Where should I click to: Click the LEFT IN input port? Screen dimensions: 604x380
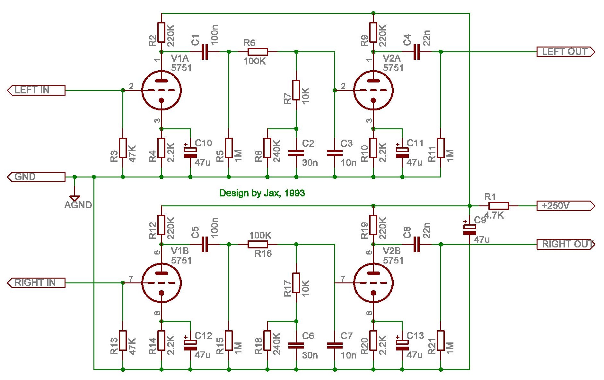tap(36, 90)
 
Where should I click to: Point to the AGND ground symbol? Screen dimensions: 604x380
tap(75, 198)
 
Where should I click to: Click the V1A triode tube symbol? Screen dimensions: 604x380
tap(162, 90)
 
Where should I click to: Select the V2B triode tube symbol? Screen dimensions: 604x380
tap(373, 283)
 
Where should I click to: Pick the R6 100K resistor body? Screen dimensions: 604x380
tap(258, 52)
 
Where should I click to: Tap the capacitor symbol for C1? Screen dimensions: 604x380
tap(205, 52)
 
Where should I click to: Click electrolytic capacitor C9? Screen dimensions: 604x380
tap(470, 229)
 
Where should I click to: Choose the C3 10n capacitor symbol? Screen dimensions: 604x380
tap(335, 153)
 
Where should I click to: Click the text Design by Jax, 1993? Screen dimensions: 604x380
tap(262, 193)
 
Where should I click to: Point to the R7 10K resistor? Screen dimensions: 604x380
tap(296, 90)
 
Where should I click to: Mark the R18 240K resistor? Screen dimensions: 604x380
tap(267, 341)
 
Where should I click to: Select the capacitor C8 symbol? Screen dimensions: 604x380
tap(416, 244)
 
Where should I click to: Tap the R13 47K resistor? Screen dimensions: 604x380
tap(123, 341)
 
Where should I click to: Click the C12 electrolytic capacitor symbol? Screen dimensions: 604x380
tap(190, 344)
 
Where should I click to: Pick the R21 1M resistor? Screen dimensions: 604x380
tap(441, 341)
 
